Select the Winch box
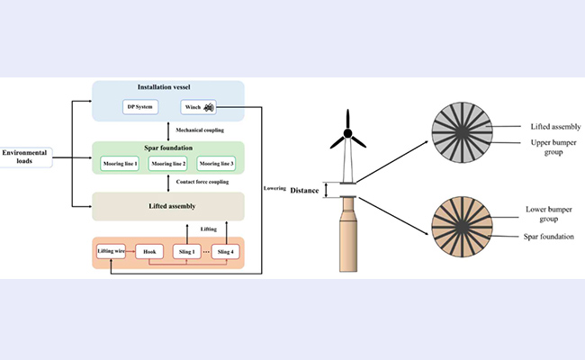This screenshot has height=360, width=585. (196, 108)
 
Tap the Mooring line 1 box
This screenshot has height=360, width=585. (120, 163)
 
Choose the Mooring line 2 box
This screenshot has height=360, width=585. (168, 163)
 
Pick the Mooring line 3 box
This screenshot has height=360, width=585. (217, 163)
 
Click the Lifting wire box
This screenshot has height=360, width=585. (113, 251)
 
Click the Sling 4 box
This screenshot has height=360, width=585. (228, 251)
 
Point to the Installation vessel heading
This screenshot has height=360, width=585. (169, 88)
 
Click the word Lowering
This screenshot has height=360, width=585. (275, 188)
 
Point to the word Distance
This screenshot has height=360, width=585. (306, 190)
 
